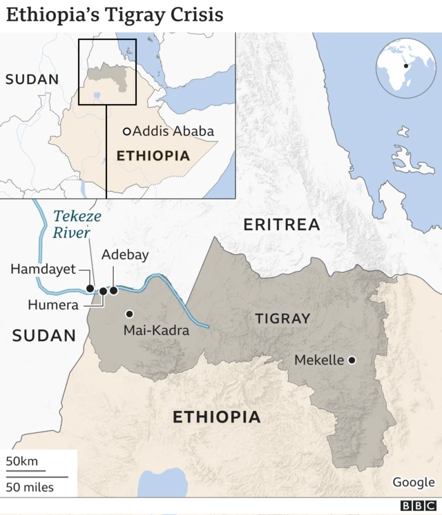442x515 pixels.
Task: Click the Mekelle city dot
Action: pyautogui.click(x=352, y=360)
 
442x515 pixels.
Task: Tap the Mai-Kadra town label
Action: pyautogui.click(x=156, y=330)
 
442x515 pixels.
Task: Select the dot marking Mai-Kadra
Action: pyautogui.click(x=128, y=314)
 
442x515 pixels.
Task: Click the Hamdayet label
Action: pyautogui.click(x=43, y=269)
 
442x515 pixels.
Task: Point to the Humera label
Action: pyautogui.click(x=53, y=305)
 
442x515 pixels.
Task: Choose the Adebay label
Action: pyautogui.click(x=125, y=254)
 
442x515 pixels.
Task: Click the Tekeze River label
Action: pyautogui.click(x=77, y=225)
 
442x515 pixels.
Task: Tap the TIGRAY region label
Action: pyautogui.click(x=282, y=318)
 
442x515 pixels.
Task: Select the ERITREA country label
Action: pyautogui.click(x=282, y=224)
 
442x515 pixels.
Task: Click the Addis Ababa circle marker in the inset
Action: pyautogui.click(x=126, y=131)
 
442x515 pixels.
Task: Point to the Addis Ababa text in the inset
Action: pyautogui.click(x=173, y=131)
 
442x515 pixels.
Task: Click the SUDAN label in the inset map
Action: pyautogui.click(x=32, y=79)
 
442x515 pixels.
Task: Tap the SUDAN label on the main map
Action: pyautogui.click(x=44, y=336)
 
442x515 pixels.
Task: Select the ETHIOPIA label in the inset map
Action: pyautogui.click(x=153, y=156)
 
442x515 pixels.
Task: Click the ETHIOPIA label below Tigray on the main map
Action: pyautogui.click(x=216, y=416)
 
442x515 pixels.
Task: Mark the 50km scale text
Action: pyautogui.click(x=23, y=461)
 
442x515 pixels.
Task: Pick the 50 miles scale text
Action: pyautogui.click(x=30, y=487)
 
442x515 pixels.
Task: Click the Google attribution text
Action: pyautogui.click(x=414, y=482)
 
